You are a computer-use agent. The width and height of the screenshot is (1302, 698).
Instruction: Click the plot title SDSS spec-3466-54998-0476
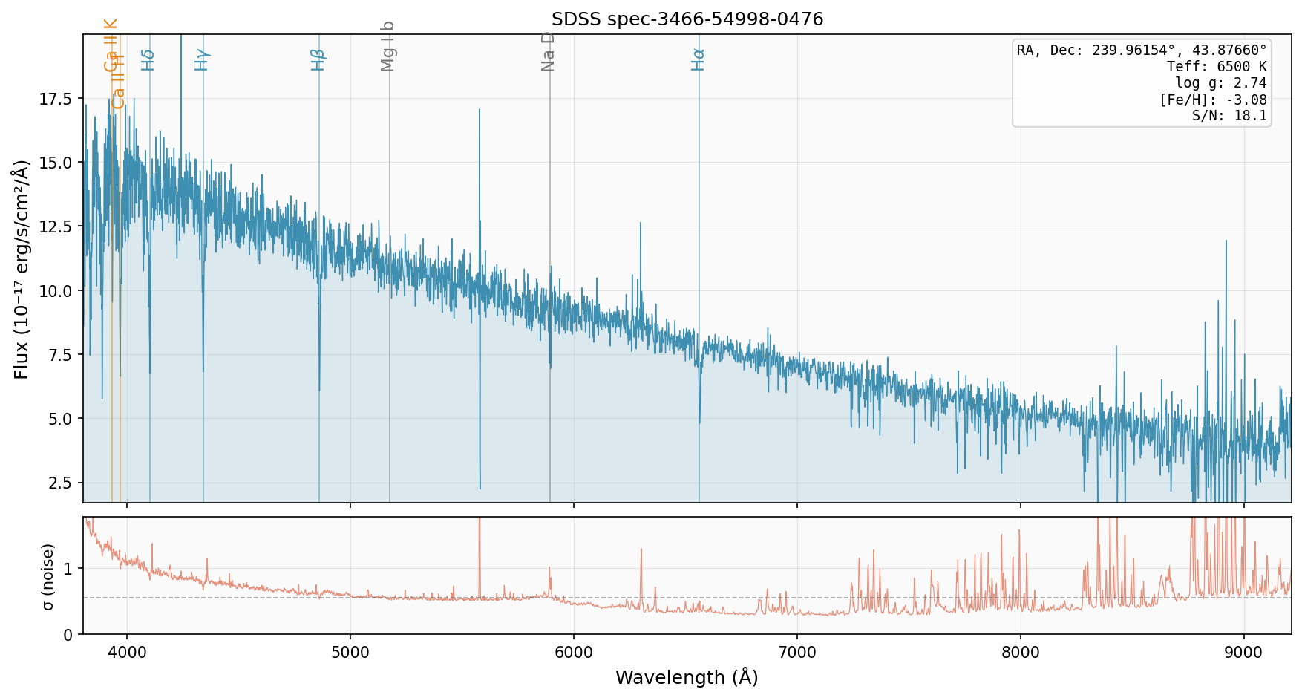(x=687, y=19)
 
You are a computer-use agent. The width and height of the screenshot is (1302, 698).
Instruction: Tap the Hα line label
(x=698, y=59)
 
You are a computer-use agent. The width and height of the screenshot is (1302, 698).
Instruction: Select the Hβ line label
(x=318, y=59)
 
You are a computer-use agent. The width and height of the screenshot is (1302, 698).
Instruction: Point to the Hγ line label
(x=202, y=59)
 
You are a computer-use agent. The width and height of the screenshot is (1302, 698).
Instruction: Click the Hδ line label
(x=148, y=59)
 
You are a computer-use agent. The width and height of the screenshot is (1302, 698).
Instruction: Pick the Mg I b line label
(x=387, y=47)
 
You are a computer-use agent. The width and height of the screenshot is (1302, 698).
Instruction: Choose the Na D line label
(x=548, y=51)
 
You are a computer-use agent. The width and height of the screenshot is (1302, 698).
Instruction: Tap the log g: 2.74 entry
(x=1220, y=83)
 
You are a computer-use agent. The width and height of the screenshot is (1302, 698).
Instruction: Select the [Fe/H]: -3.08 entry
(x=1212, y=100)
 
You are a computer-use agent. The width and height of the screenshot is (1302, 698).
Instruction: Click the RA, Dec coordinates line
(x=1142, y=50)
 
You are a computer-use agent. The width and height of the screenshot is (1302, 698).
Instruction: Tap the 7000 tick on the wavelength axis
(x=796, y=653)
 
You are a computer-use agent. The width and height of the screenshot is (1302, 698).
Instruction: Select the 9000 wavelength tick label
(x=1243, y=653)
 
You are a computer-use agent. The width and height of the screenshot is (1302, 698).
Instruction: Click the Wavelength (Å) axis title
(x=687, y=677)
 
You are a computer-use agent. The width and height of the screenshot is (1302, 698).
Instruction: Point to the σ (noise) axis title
(x=48, y=576)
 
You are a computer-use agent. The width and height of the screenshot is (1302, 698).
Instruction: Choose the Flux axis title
(x=22, y=269)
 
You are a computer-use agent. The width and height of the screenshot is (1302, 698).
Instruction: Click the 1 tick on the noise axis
(x=68, y=569)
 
